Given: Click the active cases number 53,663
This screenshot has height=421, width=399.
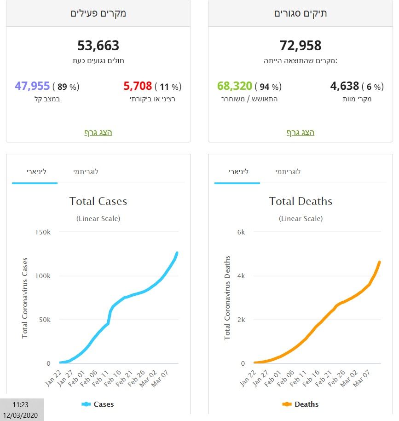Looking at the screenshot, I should [x=98, y=46].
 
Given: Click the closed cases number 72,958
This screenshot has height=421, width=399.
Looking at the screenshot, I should [x=301, y=46].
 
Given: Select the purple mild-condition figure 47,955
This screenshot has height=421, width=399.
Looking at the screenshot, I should [x=32, y=86].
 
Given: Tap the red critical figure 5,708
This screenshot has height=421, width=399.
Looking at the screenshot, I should [x=137, y=86].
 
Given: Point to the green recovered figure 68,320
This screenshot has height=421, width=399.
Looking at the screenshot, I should [x=234, y=86].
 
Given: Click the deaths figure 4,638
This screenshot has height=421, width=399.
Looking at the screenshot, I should [x=344, y=86].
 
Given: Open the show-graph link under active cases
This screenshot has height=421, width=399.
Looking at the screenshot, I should [x=98, y=133].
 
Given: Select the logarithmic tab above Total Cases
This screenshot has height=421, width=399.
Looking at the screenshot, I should [x=86, y=172].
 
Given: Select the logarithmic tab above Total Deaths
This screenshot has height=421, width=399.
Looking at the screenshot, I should [x=288, y=172].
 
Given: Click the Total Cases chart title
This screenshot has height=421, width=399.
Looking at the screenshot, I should [x=98, y=201].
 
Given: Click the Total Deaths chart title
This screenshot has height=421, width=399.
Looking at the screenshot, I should [x=301, y=201].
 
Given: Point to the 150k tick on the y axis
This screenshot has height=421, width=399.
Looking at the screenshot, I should [x=42, y=232].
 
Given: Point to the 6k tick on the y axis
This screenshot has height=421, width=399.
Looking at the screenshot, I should [x=241, y=232].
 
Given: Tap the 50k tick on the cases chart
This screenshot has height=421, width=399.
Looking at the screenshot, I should [x=44, y=320].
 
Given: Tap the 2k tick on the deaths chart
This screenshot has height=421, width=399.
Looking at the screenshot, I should [x=241, y=320].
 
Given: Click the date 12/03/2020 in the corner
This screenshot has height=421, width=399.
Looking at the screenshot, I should [x=21, y=415].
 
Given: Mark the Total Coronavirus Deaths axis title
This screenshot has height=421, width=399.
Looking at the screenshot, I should [x=227, y=298].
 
